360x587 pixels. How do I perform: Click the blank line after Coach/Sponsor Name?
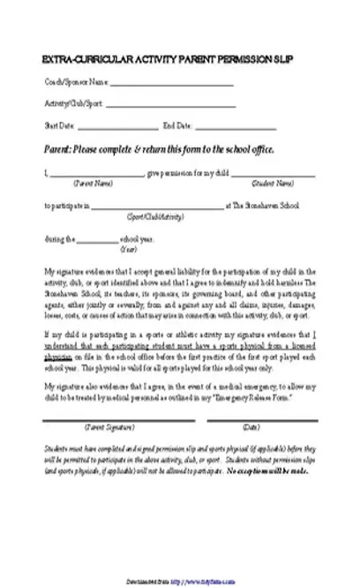[173, 85]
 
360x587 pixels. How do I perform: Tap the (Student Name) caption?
[273, 184]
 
